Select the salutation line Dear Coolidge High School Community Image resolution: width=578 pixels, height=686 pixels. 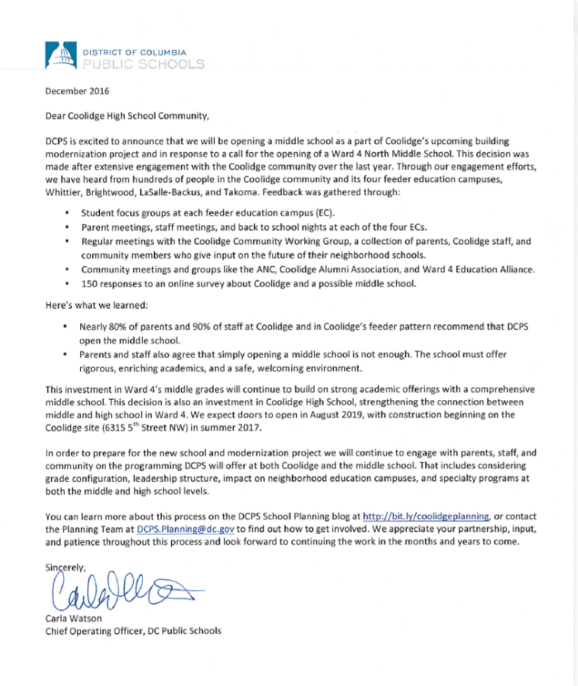click(x=127, y=116)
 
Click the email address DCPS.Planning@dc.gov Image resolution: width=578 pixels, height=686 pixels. click(x=175, y=527)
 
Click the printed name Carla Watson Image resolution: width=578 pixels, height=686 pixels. click(x=75, y=618)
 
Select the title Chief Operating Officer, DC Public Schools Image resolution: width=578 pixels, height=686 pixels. click(x=133, y=630)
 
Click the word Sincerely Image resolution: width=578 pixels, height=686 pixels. click(x=67, y=567)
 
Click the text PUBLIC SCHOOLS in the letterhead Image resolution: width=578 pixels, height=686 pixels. click(x=143, y=65)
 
